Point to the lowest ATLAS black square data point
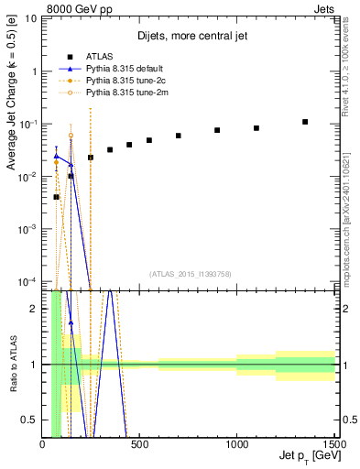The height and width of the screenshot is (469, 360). [x=57, y=197]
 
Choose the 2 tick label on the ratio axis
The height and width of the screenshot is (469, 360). [x=34, y=309]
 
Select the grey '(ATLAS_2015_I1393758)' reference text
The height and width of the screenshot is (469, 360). [x=190, y=273]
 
